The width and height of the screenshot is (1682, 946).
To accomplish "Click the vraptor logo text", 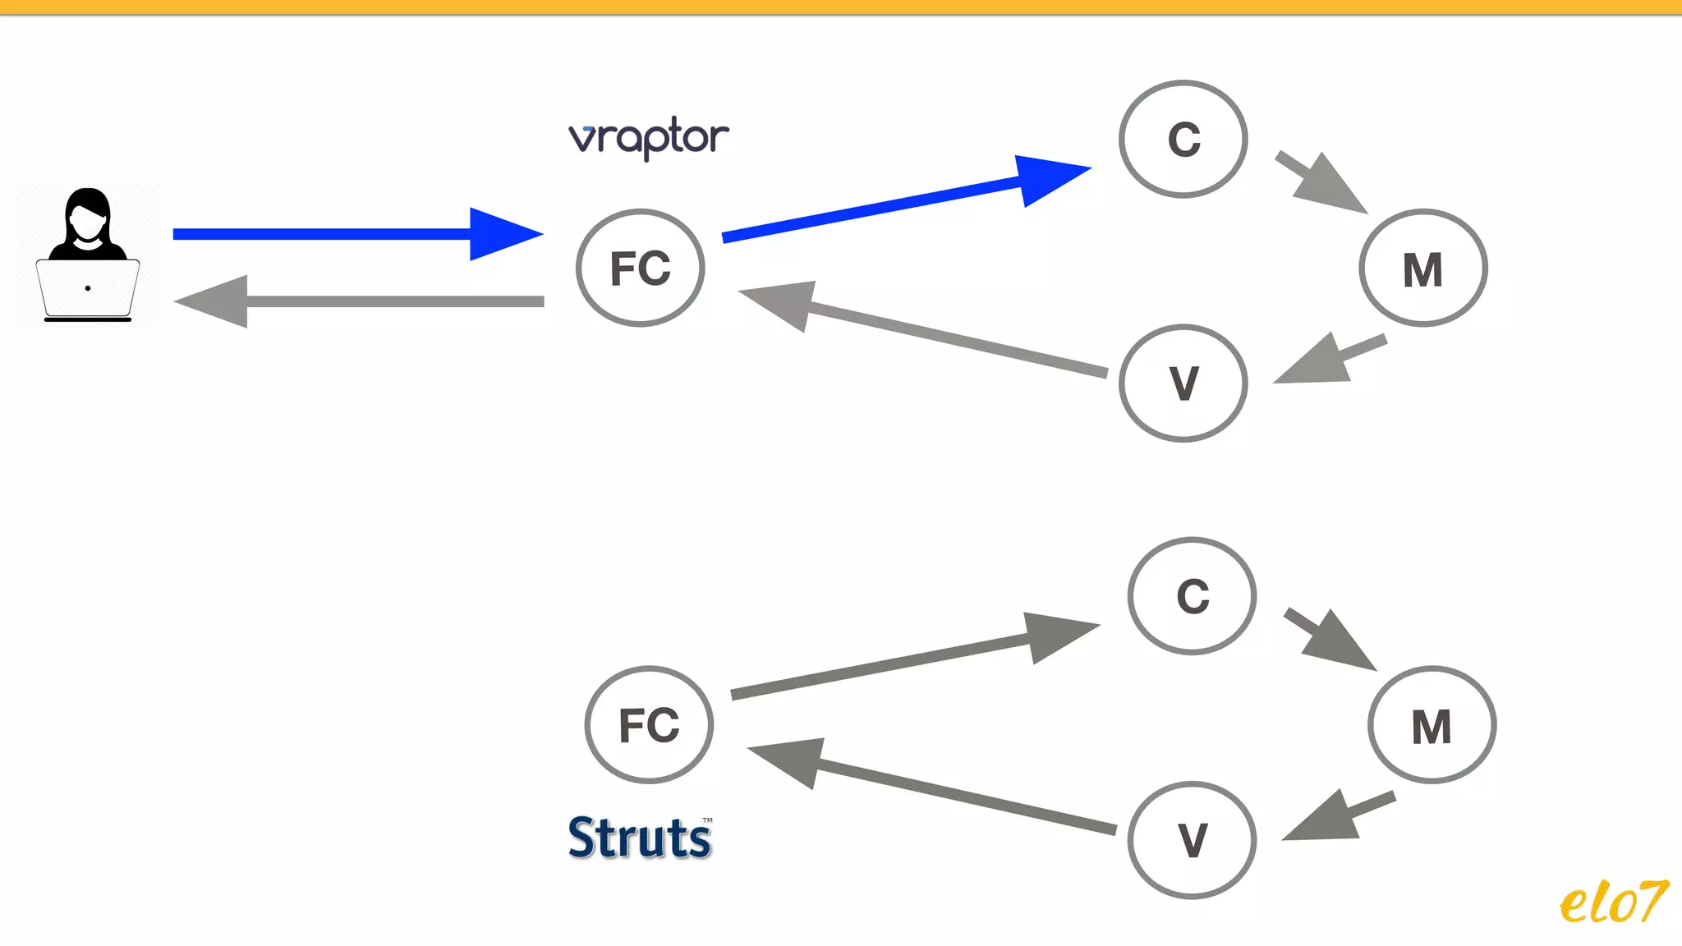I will tap(648, 137).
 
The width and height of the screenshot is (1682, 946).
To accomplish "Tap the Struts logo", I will tap(640, 838).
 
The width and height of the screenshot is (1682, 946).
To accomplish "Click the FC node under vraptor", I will tap(641, 268).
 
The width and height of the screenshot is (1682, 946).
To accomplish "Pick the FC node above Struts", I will tap(649, 725).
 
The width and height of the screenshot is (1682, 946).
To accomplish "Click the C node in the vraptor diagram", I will tap(1183, 140).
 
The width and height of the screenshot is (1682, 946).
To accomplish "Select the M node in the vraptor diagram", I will tap(1422, 269).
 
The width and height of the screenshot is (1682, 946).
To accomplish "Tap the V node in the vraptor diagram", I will tap(1183, 383).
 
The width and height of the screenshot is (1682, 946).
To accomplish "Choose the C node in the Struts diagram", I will tap(1193, 596).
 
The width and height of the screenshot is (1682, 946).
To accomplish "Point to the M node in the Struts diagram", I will tap(1432, 726).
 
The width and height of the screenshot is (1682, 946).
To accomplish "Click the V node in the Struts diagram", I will tap(1193, 840).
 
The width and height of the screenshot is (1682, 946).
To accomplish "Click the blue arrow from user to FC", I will tap(353, 234).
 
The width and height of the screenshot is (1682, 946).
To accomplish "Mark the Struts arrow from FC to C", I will tap(903, 660).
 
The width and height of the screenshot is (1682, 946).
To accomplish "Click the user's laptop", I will tap(88, 289).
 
